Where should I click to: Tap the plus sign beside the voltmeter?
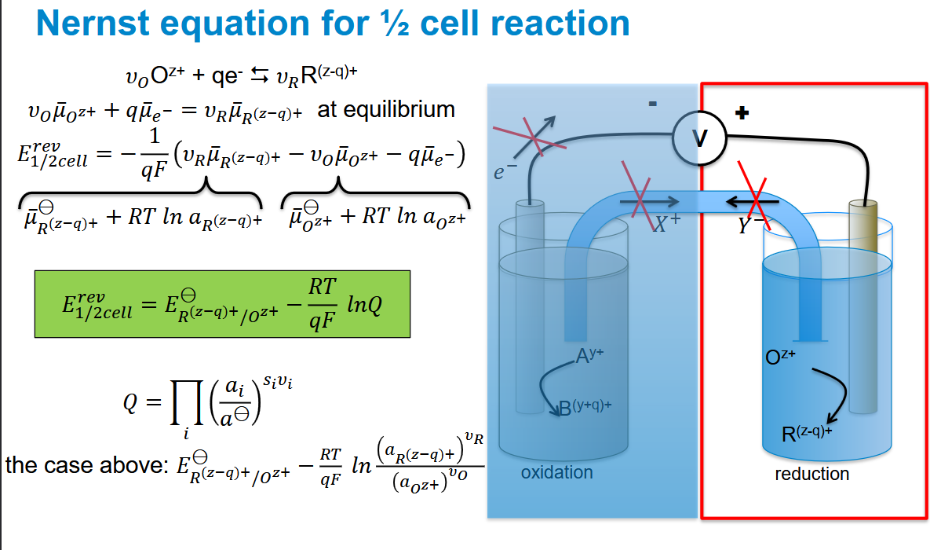click(x=742, y=112)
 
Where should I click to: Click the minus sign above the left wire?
click(x=652, y=104)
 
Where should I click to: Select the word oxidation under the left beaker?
click(x=557, y=472)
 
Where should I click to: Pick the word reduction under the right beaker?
click(x=812, y=474)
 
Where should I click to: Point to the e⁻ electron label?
click(x=505, y=171)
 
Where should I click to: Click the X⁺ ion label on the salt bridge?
click(x=666, y=222)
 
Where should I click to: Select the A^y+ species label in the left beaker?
click(x=589, y=355)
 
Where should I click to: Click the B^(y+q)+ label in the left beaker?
click(x=585, y=407)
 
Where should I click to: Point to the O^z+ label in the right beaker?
click(x=780, y=357)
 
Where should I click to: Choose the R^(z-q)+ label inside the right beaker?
click(x=807, y=434)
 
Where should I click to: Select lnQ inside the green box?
click(x=363, y=304)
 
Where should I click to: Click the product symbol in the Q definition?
click(x=186, y=403)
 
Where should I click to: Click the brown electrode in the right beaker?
click(x=863, y=306)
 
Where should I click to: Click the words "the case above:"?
click(x=87, y=464)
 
